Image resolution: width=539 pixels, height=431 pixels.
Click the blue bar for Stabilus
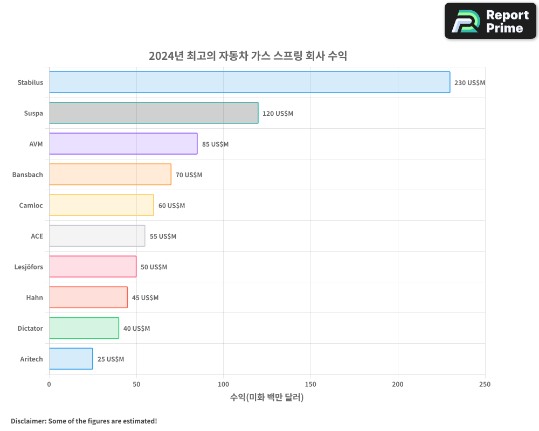coord(249,82)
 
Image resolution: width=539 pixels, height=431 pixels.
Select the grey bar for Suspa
coord(154,113)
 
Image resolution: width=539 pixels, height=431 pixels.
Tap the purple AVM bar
coord(123,144)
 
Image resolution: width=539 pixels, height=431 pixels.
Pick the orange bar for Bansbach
coord(110,175)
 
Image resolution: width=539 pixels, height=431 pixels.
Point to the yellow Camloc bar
coord(101,205)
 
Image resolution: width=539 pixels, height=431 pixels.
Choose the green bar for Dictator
coord(84,328)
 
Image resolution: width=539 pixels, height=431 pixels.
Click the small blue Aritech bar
coord(71,359)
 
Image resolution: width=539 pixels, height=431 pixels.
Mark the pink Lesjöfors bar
coord(92,267)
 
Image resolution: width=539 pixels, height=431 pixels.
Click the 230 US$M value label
coord(469,83)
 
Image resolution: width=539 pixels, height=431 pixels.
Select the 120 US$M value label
coord(278,114)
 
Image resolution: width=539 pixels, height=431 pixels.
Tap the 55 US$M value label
coord(163,237)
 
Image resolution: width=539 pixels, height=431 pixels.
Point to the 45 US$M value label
coord(145,298)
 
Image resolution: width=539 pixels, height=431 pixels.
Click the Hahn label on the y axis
coord(34,298)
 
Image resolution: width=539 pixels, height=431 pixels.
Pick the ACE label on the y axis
coord(37,237)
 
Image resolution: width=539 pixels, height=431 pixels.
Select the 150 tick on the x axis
coord(310,384)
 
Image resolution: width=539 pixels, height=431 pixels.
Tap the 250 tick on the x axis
coord(485,384)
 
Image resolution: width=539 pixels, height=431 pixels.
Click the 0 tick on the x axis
coord(49,384)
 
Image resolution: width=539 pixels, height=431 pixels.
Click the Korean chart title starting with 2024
coord(248,55)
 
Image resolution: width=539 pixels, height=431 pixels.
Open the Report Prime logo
coord(490,21)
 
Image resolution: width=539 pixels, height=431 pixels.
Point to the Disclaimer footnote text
coord(84,421)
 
